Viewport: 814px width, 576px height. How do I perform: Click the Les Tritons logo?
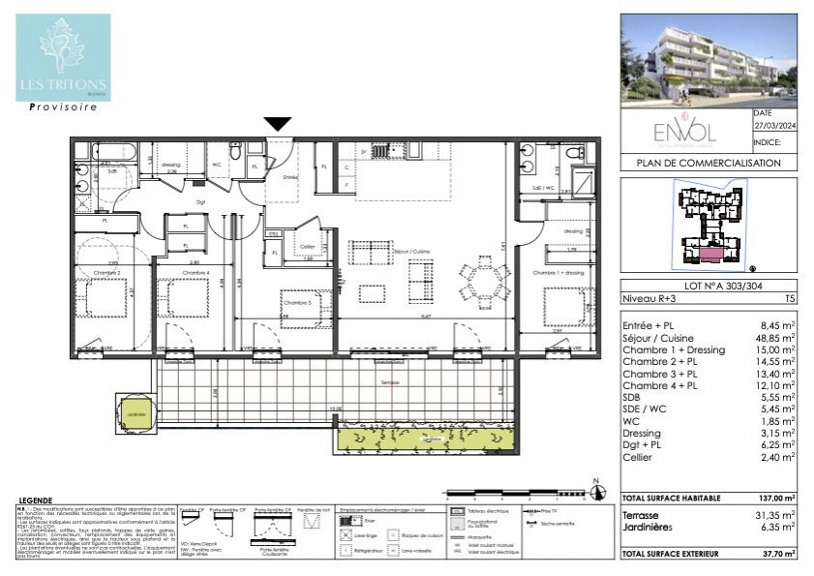[63, 57]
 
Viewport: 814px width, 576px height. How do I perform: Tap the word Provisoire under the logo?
[63, 107]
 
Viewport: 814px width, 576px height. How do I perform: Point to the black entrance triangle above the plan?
[278, 124]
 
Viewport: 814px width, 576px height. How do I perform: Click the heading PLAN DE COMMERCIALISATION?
[708, 164]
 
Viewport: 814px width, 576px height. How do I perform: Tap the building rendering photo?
[708, 59]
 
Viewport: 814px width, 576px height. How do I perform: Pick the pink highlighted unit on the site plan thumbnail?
[709, 254]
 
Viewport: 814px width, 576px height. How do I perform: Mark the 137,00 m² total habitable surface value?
[776, 498]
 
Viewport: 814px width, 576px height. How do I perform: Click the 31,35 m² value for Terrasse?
[775, 516]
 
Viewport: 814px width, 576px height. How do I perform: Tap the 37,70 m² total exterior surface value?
[776, 554]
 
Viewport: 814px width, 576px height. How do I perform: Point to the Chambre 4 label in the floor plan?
[194, 273]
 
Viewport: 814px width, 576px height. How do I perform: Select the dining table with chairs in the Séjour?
[481, 284]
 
